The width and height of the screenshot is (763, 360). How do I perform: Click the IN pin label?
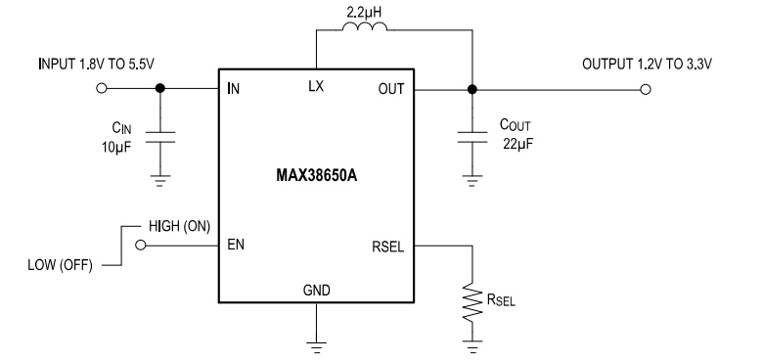coord(234,89)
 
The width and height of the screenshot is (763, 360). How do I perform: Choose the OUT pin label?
coord(390,89)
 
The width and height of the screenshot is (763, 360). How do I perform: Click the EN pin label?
coord(238,246)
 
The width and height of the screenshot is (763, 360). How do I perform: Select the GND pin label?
coord(316,290)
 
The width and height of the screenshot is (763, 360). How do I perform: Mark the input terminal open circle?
coord(103,89)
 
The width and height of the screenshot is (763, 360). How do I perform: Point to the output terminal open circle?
coord(644,89)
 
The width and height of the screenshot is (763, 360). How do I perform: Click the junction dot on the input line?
coord(161,89)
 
